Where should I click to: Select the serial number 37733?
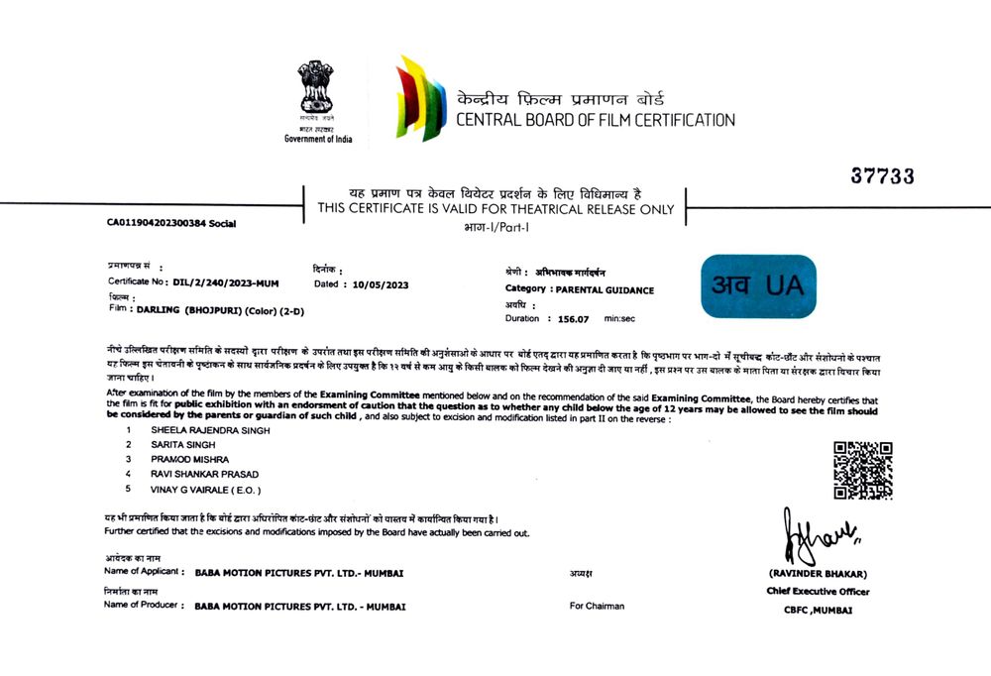coord(882,176)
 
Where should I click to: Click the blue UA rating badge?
coord(758,286)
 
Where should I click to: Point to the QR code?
coord(862,470)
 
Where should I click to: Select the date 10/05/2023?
coord(381,284)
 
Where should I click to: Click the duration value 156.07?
coord(574,319)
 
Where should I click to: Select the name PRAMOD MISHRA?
coord(189,460)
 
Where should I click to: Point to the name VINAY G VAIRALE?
coord(206,489)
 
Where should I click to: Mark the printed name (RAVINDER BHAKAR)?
coord(818,574)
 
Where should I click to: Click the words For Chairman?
coord(597,606)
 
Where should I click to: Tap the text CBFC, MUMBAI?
coord(818,610)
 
